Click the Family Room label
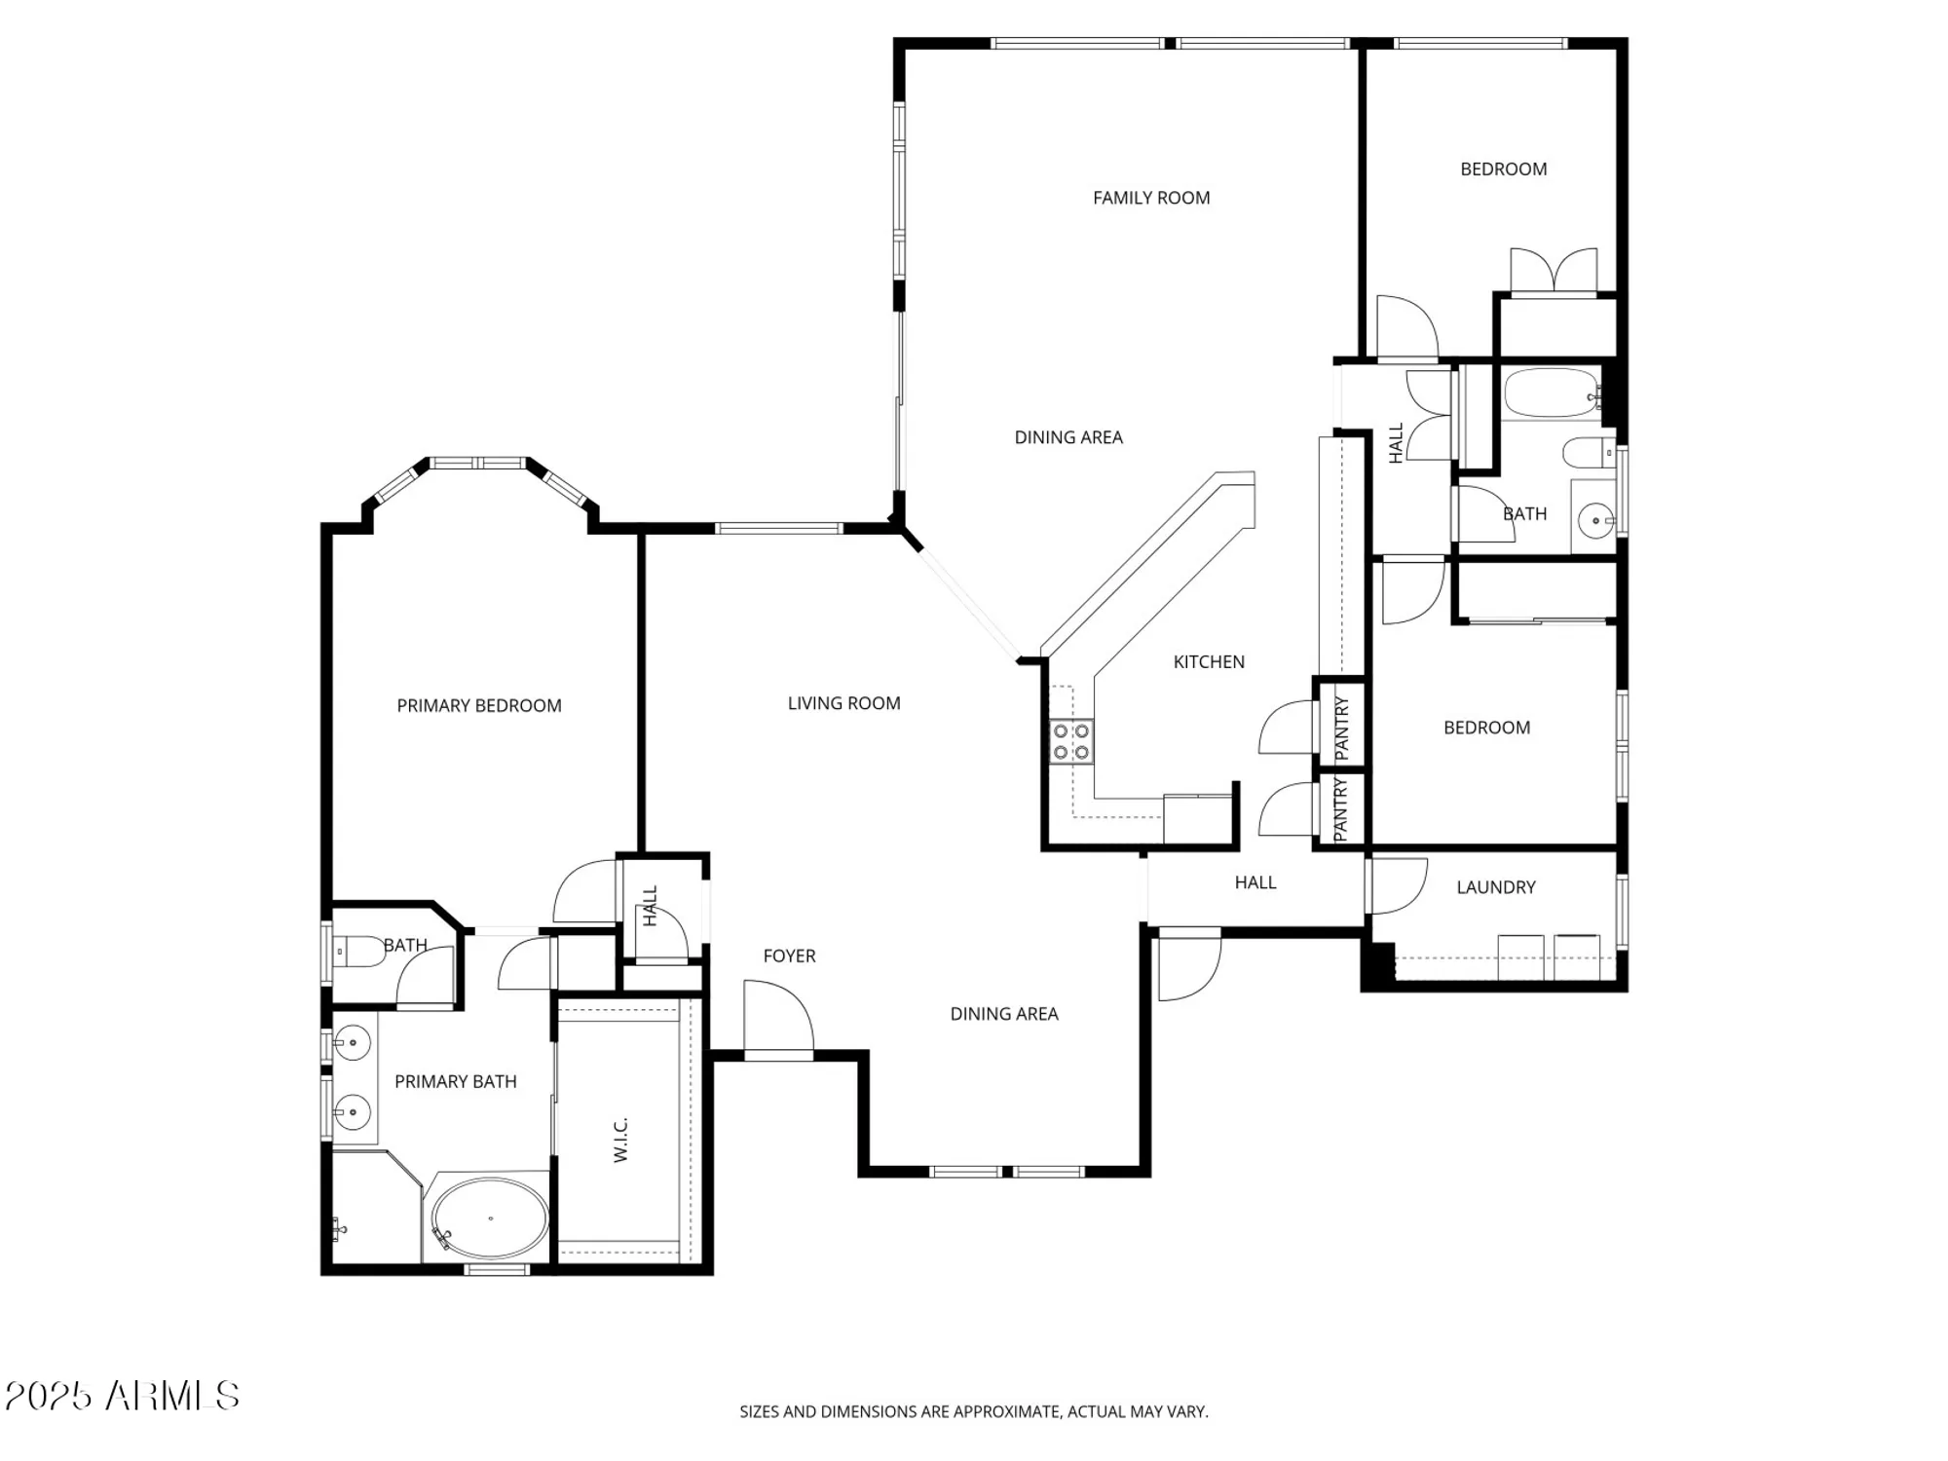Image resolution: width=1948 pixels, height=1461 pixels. [1151, 198]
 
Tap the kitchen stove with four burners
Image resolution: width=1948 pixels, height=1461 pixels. [1070, 741]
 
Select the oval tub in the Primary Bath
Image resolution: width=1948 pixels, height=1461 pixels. [490, 1218]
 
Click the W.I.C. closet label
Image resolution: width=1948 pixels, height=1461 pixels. [621, 1139]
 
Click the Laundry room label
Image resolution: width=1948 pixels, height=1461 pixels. [1496, 887]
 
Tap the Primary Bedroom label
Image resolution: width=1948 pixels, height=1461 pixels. [479, 705]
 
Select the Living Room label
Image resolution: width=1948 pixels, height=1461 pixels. [843, 703]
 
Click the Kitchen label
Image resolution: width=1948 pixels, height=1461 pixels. [1209, 661]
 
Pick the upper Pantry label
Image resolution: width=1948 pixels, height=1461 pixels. [1342, 728]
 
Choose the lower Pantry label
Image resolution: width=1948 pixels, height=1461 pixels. [1340, 809]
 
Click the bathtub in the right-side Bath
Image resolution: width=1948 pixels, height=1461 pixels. [1550, 393]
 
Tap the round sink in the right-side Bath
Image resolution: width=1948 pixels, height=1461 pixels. [1595, 521]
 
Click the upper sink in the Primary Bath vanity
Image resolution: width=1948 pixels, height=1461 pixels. [353, 1043]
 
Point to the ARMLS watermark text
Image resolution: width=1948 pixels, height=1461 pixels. [123, 1396]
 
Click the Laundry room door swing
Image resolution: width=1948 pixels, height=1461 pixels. [1396, 885]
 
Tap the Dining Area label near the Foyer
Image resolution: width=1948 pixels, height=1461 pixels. [1004, 1014]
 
